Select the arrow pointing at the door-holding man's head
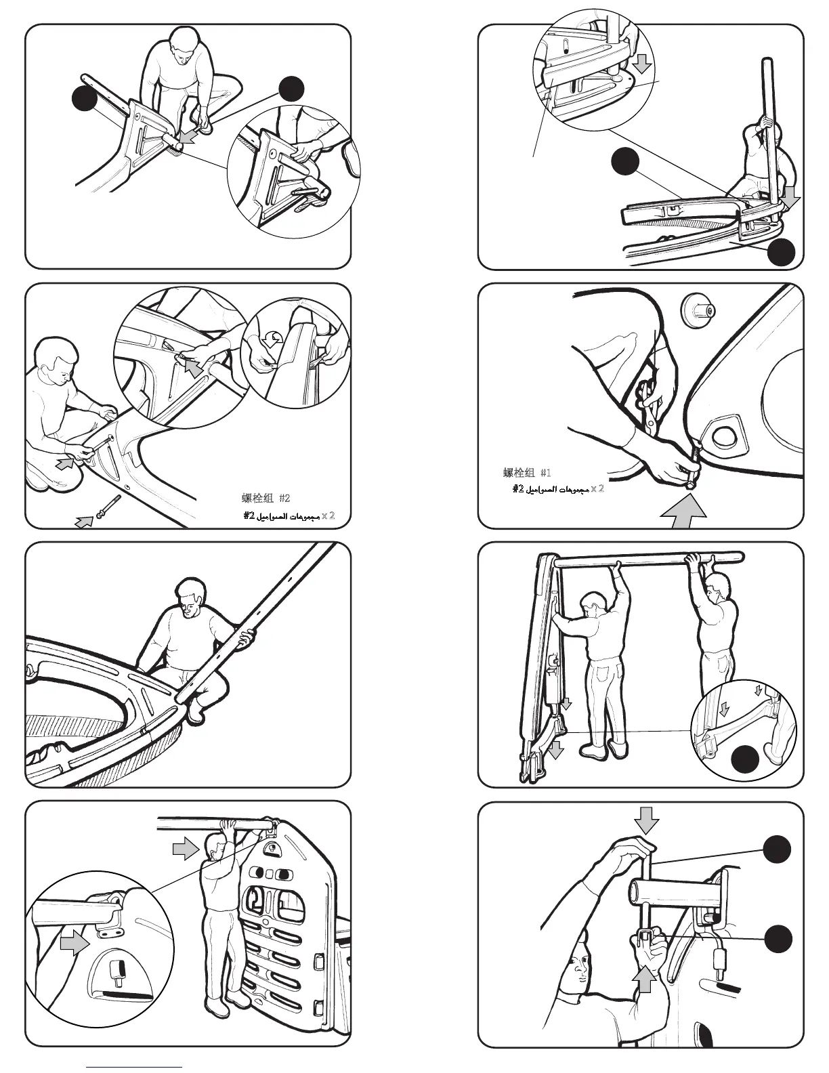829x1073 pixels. point(185,849)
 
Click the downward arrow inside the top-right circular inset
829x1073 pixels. point(643,64)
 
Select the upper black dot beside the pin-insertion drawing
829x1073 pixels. point(778,849)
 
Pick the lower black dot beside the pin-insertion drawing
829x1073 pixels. point(778,939)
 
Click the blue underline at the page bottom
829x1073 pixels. point(135,1067)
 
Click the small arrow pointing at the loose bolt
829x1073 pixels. point(84,522)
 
